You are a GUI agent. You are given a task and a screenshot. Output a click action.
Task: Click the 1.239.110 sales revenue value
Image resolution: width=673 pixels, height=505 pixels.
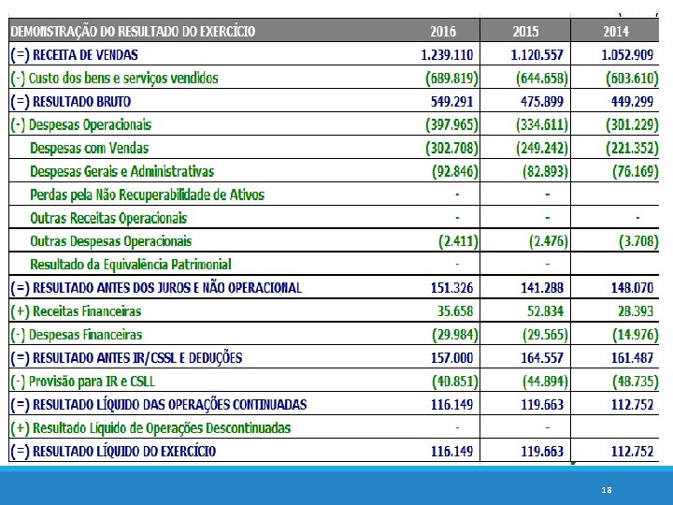tap(450, 54)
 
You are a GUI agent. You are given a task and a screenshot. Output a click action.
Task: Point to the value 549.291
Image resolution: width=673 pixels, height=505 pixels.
tap(453, 101)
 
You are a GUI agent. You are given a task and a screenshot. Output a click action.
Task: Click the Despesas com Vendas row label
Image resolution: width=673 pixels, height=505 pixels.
tap(89, 148)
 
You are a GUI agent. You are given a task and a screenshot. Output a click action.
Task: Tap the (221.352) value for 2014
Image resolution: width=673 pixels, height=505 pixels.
tap(630, 148)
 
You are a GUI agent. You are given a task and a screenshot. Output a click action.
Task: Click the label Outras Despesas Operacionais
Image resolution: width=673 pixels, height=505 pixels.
tap(110, 241)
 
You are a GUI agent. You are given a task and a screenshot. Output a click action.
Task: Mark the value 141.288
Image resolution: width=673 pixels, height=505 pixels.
tap(543, 287)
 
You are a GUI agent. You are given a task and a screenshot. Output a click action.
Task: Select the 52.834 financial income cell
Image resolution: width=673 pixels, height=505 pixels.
tap(546, 310)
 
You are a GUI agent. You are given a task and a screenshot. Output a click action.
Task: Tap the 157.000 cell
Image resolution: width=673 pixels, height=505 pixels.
tap(453, 357)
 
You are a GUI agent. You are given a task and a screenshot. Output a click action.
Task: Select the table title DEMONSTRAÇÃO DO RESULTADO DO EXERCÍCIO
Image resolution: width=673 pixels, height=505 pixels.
tap(133, 31)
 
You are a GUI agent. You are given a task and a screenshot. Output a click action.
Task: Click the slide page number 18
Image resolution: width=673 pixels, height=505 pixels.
tap(607, 489)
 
